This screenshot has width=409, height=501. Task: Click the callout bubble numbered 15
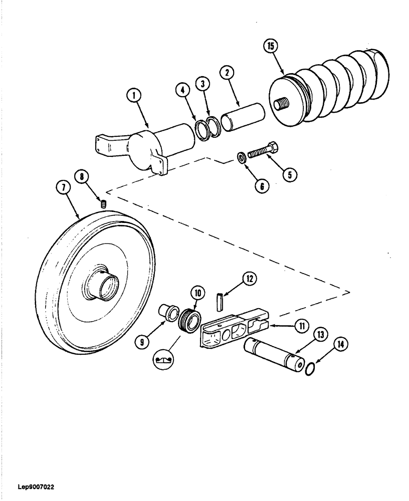(271, 47)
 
